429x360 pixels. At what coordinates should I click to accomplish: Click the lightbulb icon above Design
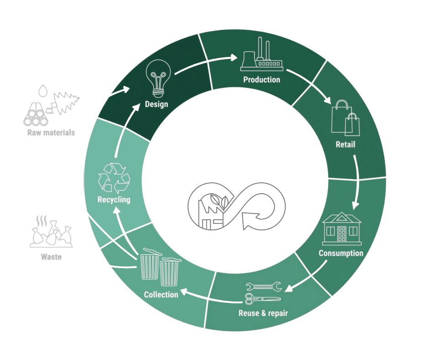pyautogui.click(x=158, y=78)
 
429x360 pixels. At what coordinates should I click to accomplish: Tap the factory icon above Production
pyautogui.click(x=261, y=57)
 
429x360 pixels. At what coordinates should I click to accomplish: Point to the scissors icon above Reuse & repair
pyautogui.click(x=262, y=299)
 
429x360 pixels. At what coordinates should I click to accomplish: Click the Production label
pyautogui.click(x=262, y=80)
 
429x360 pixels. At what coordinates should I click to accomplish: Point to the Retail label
pyautogui.click(x=345, y=145)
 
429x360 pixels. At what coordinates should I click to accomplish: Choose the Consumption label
pyautogui.click(x=341, y=253)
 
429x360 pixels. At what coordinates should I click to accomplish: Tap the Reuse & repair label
pyautogui.click(x=263, y=313)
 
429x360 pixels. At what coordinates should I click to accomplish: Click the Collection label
pyautogui.click(x=161, y=295)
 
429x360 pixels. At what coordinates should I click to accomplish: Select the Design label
pyautogui.click(x=157, y=104)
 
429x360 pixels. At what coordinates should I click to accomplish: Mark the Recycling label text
pyautogui.click(x=114, y=200)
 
